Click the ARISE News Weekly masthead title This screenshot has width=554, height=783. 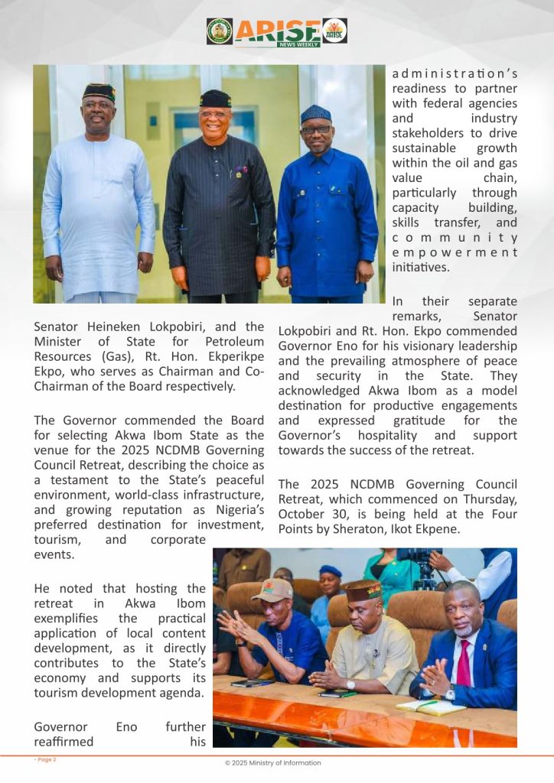point(278,31)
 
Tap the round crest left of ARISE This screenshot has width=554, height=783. point(220,31)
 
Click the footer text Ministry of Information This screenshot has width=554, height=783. point(290,763)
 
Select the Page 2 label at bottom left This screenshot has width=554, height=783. point(45,759)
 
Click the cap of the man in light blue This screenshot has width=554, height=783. point(99,92)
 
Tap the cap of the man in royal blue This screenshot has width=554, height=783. point(315,114)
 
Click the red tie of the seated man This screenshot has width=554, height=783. point(464,664)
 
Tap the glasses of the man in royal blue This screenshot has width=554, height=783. point(315,130)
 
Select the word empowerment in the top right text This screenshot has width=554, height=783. point(455,252)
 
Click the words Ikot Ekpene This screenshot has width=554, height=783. point(471,528)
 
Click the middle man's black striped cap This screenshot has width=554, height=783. point(215,98)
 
